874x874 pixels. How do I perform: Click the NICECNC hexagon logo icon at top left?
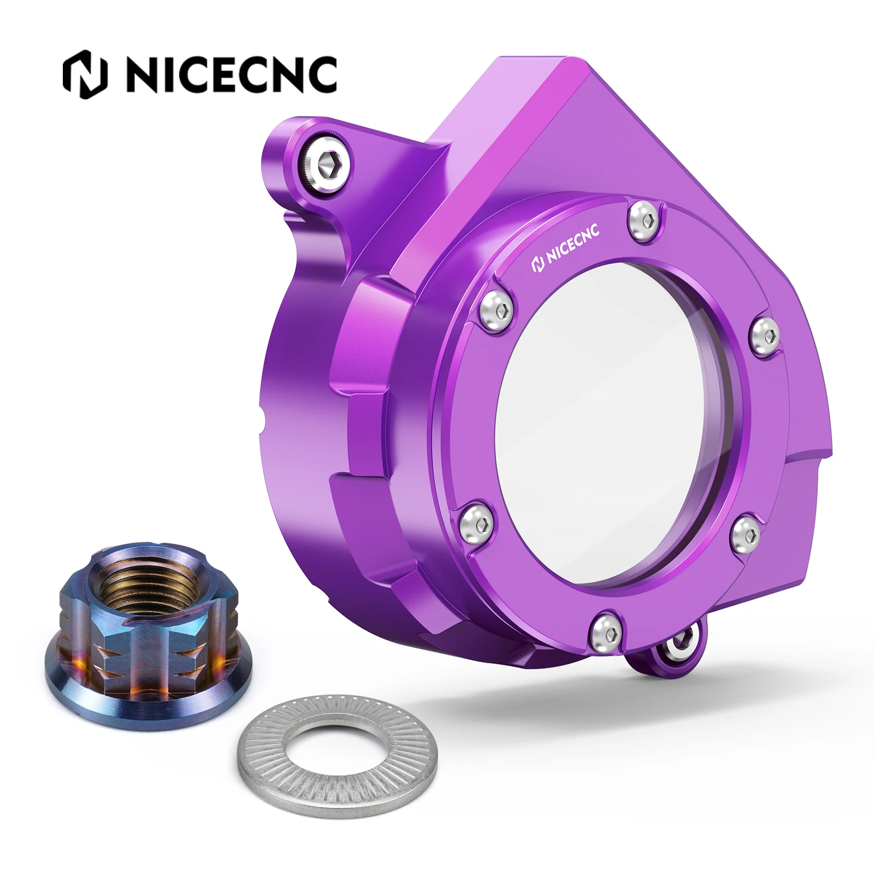point(85,75)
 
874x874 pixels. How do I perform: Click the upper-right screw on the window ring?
point(764,334)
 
